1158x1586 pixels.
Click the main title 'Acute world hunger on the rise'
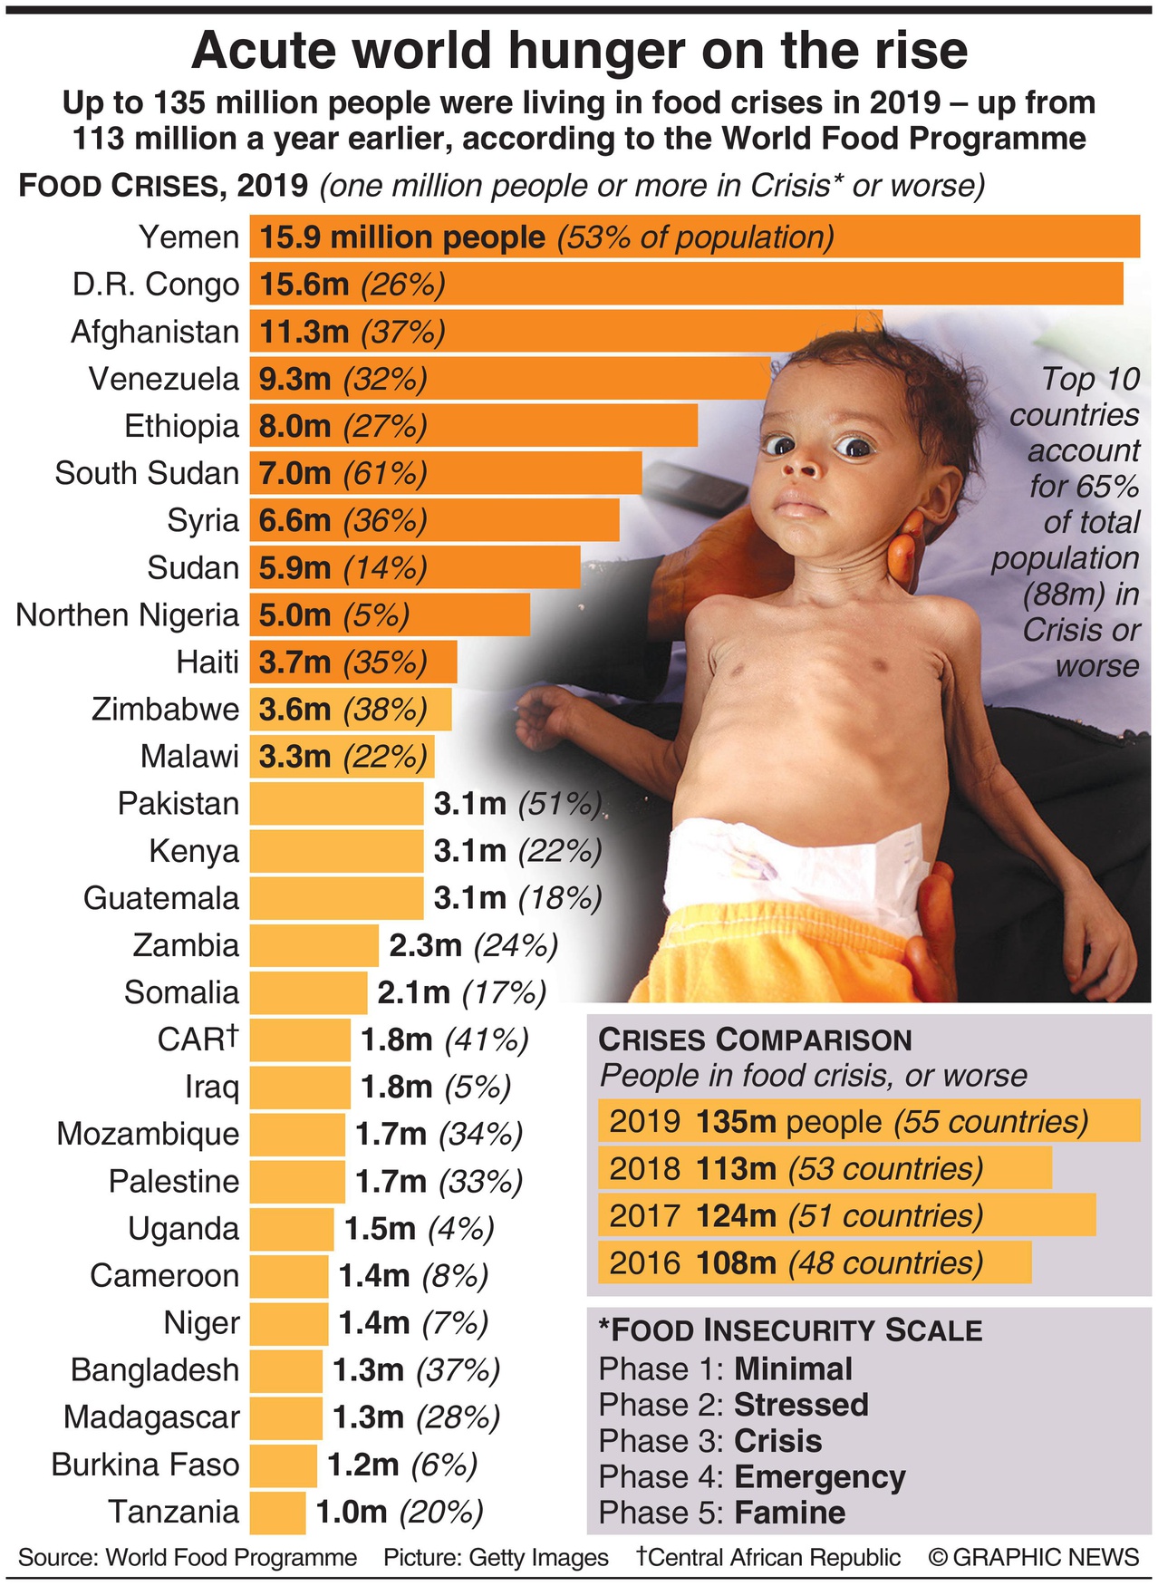[579, 50]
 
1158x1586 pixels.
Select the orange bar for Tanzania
[277, 1512]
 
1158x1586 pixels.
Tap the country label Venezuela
[163, 379]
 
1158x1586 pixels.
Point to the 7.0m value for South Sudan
[294, 473]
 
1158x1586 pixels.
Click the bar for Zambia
[314, 945]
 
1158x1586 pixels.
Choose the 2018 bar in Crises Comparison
[825, 1168]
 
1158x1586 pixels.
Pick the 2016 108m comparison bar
[814, 1262]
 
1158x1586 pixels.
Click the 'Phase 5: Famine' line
[722, 1513]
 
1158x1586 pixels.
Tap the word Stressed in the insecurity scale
[801, 1405]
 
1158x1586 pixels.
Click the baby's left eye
[854, 447]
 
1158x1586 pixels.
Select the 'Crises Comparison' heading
[755, 1040]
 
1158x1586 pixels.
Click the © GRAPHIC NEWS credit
[1033, 1557]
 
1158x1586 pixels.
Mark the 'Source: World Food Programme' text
[188, 1557]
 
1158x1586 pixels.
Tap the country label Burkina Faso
[145, 1465]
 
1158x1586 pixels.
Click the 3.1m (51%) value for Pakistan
[517, 804]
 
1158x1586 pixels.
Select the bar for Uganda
[292, 1229]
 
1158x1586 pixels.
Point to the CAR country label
[197, 1039]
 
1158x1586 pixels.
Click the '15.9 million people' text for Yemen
[402, 237]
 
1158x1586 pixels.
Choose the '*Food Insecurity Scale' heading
[790, 1330]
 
